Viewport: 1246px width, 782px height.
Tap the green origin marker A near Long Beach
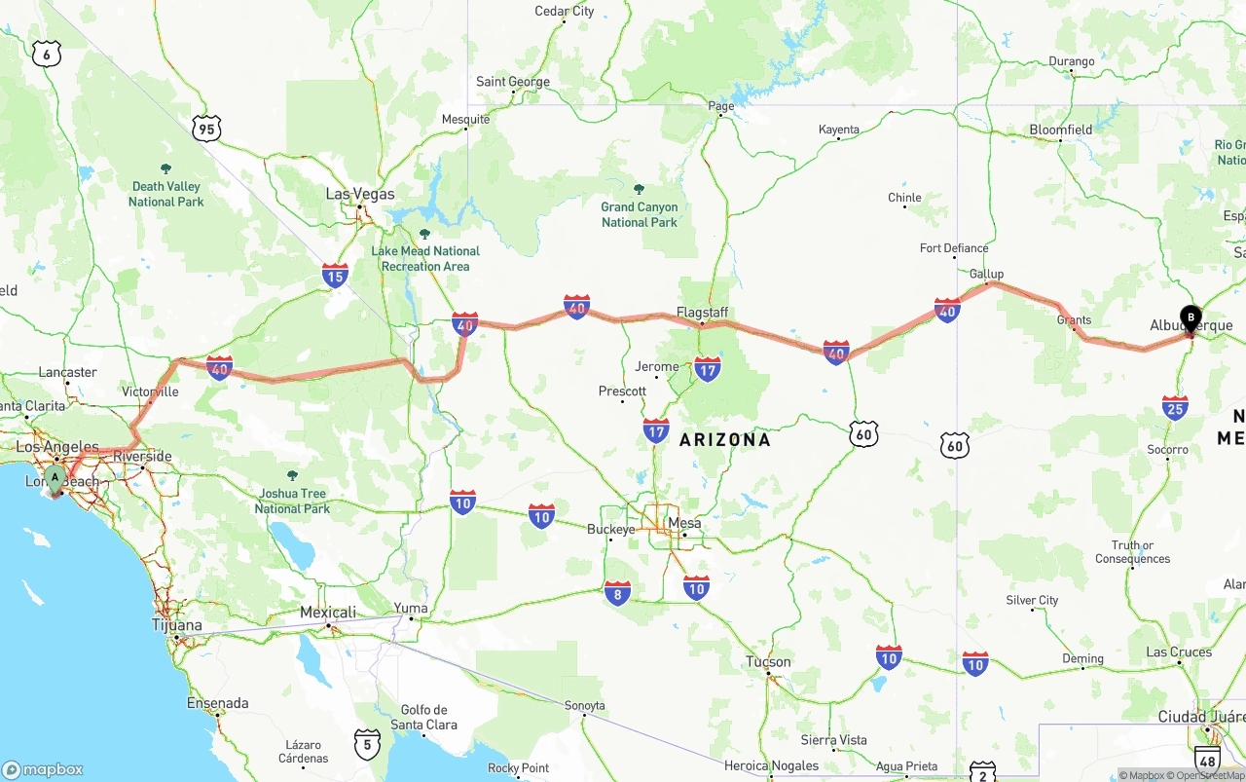point(55,478)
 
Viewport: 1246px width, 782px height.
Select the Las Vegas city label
point(360,194)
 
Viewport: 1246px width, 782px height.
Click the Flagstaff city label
point(703,313)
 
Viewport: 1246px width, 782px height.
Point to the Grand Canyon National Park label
point(639,214)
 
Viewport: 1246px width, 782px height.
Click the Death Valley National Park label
point(166,194)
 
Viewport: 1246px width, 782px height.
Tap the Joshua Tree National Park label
point(292,501)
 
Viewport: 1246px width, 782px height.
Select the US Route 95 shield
point(206,128)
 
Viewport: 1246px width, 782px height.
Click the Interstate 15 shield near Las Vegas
point(335,276)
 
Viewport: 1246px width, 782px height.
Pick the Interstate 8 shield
point(617,593)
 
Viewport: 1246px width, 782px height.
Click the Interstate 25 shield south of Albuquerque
point(1175,407)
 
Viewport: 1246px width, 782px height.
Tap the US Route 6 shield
point(46,54)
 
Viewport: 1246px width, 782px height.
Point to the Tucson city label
point(769,661)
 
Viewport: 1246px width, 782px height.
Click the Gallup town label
point(986,274)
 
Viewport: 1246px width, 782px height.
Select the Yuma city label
point(411,609)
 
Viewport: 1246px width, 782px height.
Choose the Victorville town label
point(150,391)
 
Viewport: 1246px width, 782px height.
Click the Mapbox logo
point(43,769)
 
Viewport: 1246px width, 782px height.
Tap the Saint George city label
point(513,82)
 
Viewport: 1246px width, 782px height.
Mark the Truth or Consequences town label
point(1133,552)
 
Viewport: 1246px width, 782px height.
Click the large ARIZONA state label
point(725,439)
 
